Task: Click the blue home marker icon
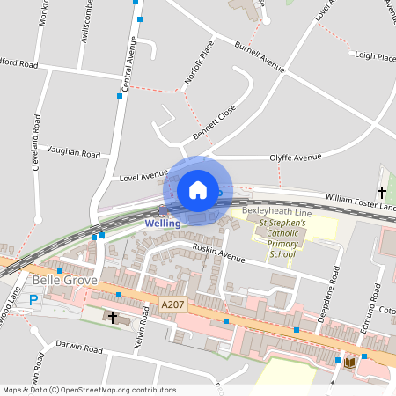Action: [198, 190]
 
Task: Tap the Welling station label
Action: [163, 223]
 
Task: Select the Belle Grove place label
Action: [57, 281]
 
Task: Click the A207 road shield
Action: [172, 304]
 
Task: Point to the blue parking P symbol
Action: [34, 300]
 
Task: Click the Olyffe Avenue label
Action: [295, 158]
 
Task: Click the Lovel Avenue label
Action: [143, 175]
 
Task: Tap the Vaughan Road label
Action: [75, 153]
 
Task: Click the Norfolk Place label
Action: [199, 63]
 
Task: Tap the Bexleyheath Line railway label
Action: [276, 213]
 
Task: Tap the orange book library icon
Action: [350, 362]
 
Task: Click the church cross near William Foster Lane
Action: [382, 191]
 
